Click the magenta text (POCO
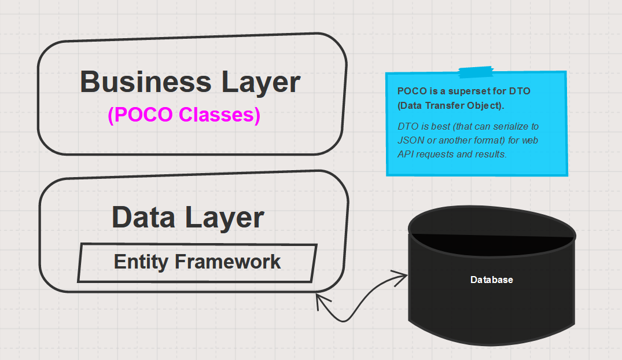[140, 115]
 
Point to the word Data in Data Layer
[143, 217]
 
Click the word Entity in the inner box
[141, 262]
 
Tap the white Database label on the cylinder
[491, 280]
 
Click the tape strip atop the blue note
[476, 72]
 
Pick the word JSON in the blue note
[410, 140]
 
